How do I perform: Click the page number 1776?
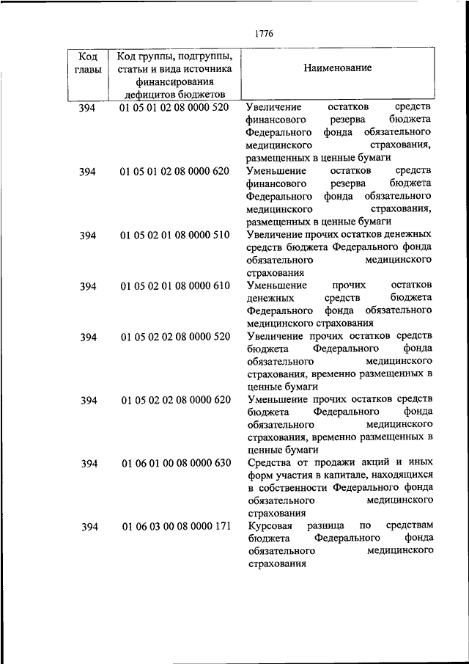coord(264,32)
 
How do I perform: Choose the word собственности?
coord(293,488)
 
